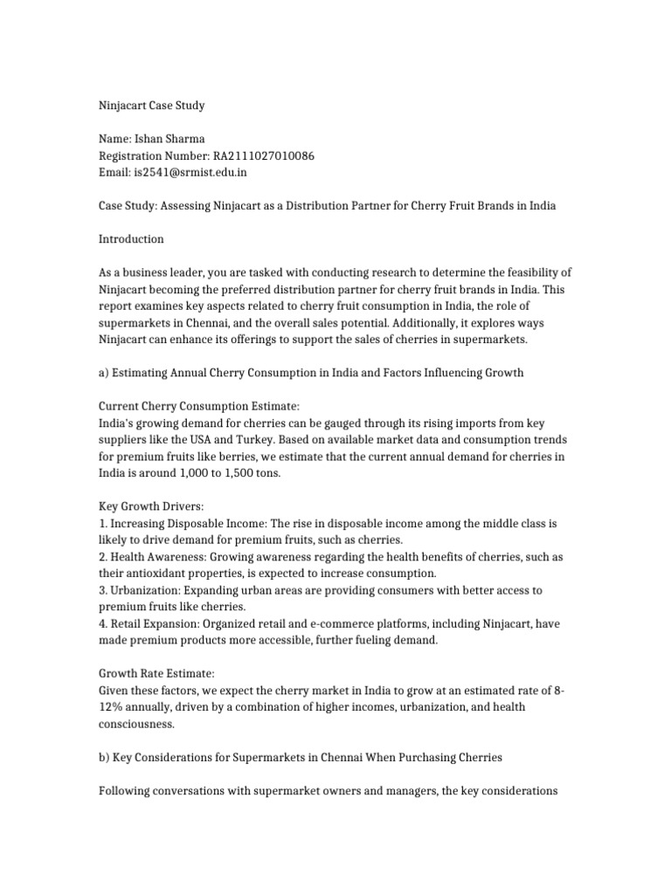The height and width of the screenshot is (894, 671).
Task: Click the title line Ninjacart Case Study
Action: coord(150,107)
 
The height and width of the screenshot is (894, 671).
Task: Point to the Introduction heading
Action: coord(131,239)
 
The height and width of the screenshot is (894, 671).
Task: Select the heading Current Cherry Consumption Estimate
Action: coord(199,406)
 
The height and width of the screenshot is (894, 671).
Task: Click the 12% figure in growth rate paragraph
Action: coord(111,706)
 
